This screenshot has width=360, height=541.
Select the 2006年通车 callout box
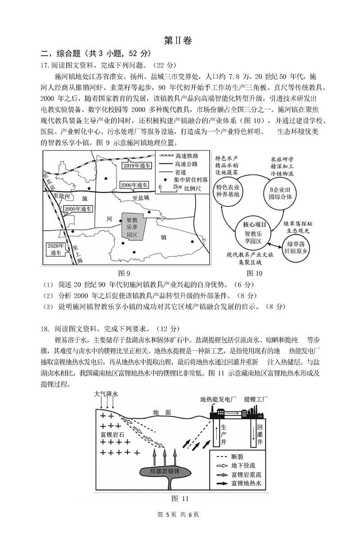(134, 185)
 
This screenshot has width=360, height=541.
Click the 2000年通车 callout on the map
(77, 209)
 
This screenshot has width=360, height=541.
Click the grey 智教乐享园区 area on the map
(132, 228)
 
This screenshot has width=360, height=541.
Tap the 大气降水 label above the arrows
(106, 394)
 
